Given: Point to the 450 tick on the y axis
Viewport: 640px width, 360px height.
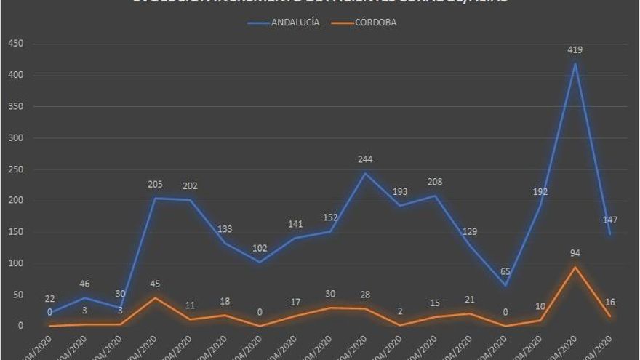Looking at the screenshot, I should coord(16,44).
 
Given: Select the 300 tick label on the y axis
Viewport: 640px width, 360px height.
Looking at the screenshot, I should coord(16,138).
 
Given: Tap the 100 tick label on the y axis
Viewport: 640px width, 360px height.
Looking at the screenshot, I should coord(16,263).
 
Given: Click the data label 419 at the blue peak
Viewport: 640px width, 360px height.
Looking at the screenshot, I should coord(575,49).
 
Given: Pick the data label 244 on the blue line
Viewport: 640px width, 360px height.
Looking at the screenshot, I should coord(365,160).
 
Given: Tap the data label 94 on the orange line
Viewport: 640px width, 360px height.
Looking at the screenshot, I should coord(575,253).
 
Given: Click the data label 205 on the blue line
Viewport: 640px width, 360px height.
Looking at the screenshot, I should coord(155,185).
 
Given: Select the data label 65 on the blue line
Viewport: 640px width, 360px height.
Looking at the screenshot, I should coord(505,271).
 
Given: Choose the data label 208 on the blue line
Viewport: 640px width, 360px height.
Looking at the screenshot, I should coord(435,182).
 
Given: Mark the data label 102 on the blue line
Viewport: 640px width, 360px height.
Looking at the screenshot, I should coord(260,247).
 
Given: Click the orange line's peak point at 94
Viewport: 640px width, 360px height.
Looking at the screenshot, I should coord(575,267).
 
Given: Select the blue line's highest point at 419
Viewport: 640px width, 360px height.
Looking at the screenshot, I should coord(575,63).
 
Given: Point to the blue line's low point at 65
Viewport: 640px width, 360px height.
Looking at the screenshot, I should coord(505,285).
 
